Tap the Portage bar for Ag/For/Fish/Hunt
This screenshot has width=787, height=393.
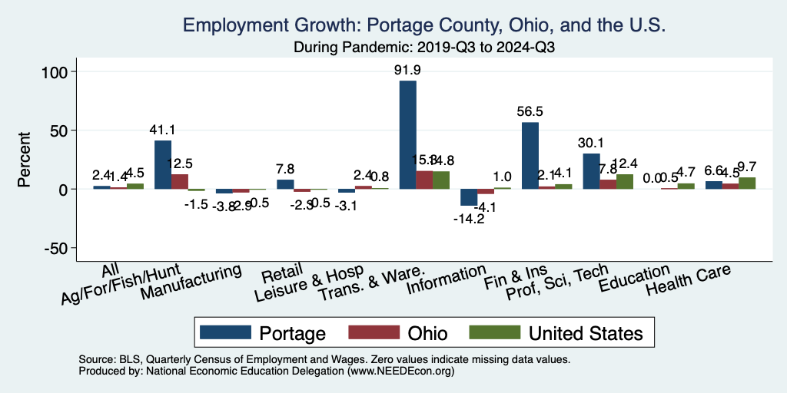(163, 164)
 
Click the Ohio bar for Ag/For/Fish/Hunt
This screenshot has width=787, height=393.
(180, 181)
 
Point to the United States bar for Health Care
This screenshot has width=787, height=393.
(747, 183)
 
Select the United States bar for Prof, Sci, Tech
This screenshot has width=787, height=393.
(624, 181)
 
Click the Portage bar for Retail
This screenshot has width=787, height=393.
(285, 184)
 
